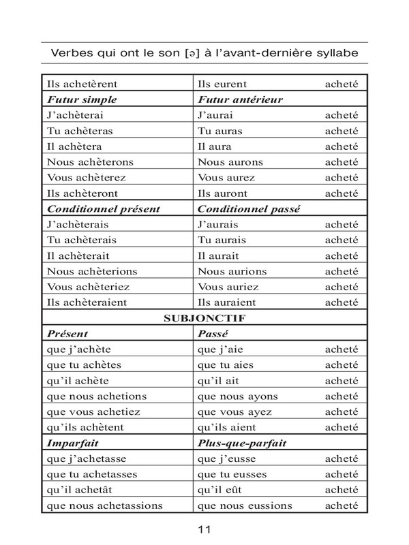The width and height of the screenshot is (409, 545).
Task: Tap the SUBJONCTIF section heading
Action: (204, 318)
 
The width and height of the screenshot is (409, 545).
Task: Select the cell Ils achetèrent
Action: (82, 84)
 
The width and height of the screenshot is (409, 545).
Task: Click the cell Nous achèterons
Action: (90, 162)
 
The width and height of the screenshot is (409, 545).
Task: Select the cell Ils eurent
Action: (221, 84)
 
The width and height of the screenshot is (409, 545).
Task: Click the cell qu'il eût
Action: (219, 489)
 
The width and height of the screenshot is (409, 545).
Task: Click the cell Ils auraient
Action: (226, 302)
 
